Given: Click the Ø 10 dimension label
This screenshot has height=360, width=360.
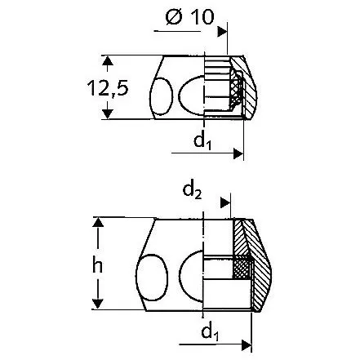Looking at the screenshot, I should coord(193,18).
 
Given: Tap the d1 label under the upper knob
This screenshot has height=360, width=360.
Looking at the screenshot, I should coord(202,140).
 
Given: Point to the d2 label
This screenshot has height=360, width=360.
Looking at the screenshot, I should coord(193,193).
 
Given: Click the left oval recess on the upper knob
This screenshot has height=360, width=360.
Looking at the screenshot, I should coord(160,90).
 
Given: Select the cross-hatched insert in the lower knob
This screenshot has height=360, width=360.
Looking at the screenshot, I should coord(242,267).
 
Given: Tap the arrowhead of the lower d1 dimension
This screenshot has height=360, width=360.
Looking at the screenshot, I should coord(247,340).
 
